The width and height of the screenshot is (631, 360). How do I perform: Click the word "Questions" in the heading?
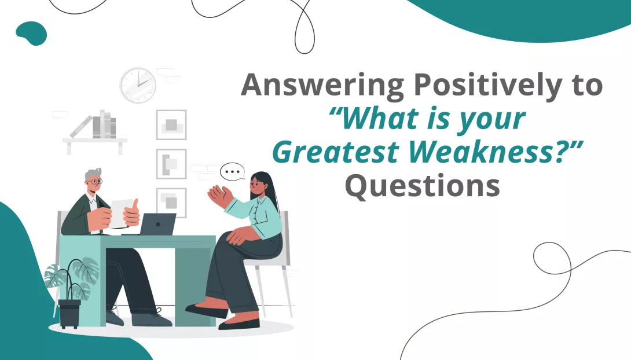tap(422, 186)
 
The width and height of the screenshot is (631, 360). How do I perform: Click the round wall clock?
tap(138, 85)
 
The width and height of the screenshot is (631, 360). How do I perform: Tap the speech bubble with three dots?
tap(233, 172)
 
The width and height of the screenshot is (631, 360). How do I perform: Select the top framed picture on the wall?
tap(171, 124)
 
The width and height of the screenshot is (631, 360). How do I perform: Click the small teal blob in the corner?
tap(31, 32)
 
